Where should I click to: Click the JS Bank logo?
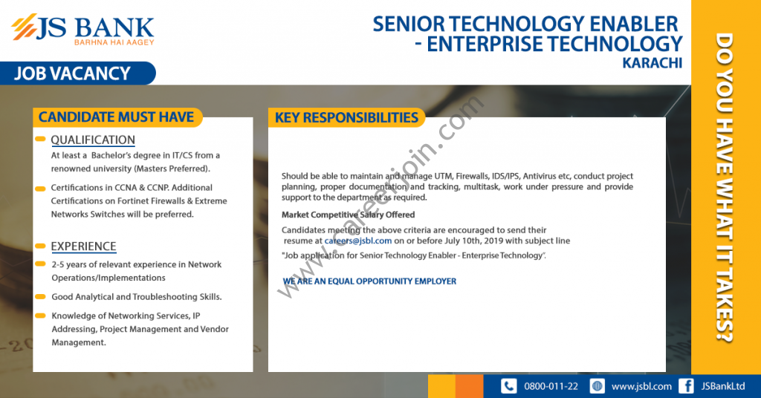pyautogui.click(x=82, y=29)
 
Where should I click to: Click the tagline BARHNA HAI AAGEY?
pyautogui.click(x=114, y=42)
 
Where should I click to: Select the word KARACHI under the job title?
pyautogui.click(x=652, y=63)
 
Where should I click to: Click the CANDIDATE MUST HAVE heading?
pyautogui.click(x=117, y=117)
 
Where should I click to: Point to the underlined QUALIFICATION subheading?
pyautogui.click(x=93, y=140)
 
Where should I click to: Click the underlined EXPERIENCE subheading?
pyautogui.click(x=83, y=247)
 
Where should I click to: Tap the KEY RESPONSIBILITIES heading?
pyautogui.click(x=346, y=118)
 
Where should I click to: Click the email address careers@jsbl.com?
pyautogui.click(x=358, y=241)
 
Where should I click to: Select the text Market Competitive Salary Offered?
pyautogui.click(x=348, y=215)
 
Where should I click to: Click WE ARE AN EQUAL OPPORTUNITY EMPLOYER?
pyautogui.click(x=370, y=281)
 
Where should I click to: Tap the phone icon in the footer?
pyautogui.click(x=508, y=386)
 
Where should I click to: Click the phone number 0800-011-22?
pyautogui.click(x=551, y=386)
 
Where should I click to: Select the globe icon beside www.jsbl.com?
pyautogui.click(x=597, y=386)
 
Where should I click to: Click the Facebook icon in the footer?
pyautogui.click(x=686, y=386)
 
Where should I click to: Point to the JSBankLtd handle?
pyautogui.click(x=722, y=386)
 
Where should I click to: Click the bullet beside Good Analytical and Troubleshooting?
pyautogui.click(x=40, y=297)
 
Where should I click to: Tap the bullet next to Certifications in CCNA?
pyautogui.click(x=40, y=188)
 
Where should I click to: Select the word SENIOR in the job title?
pyautogui.click(x=409, y=25)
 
